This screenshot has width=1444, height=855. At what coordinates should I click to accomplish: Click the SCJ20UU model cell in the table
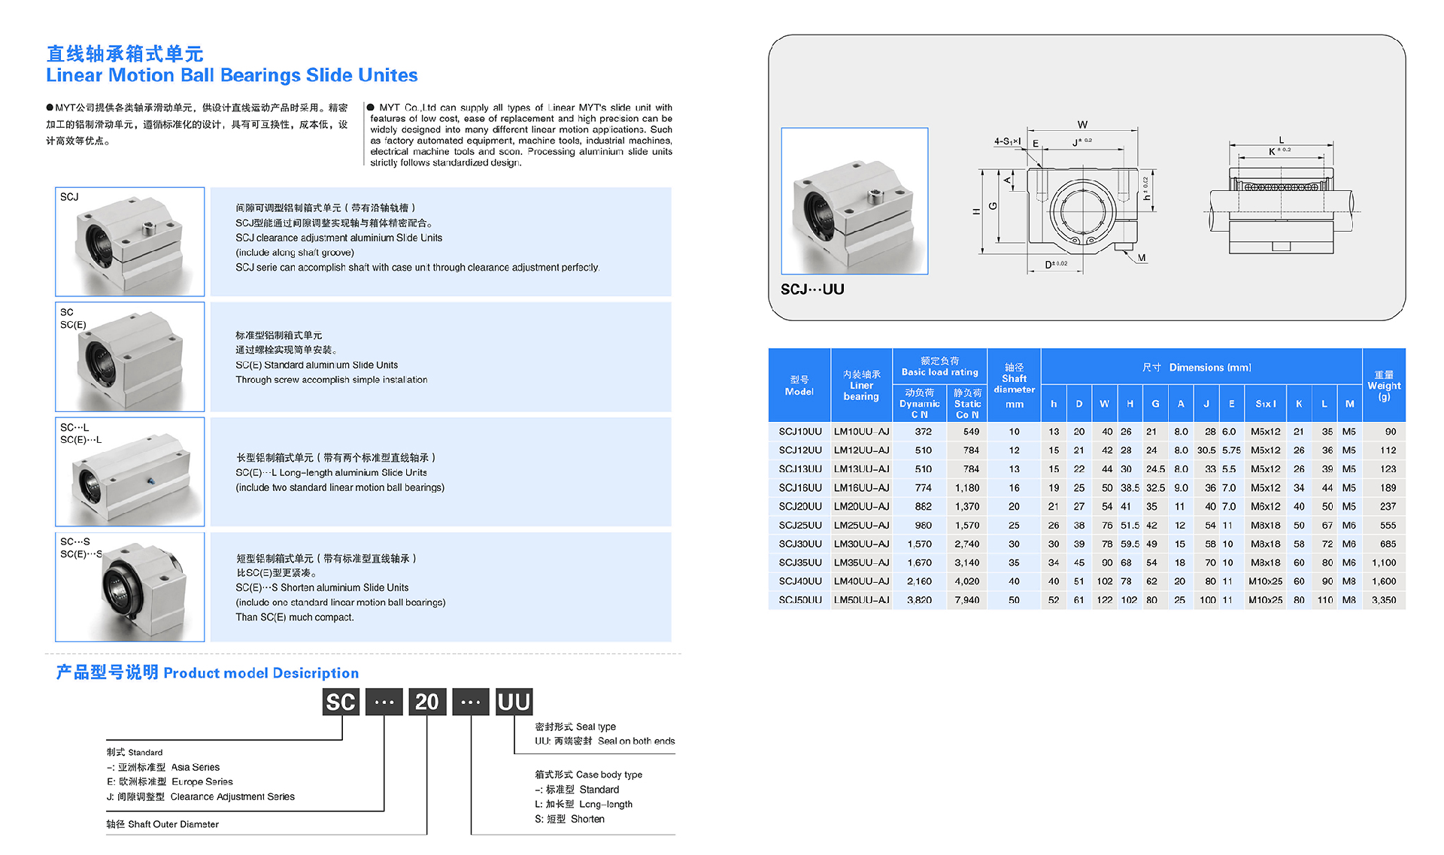799,507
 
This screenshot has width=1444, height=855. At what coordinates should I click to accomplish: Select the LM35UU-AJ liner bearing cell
861,562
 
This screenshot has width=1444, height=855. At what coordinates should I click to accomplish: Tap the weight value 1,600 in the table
1383,581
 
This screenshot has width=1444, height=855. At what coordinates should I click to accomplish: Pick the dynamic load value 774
923,488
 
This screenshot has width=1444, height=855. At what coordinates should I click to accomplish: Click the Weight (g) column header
1384,385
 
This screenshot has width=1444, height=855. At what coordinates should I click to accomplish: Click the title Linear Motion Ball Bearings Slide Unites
232,75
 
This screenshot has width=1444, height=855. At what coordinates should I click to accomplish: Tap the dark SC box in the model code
341,702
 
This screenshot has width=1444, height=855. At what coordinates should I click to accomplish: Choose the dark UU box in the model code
514,702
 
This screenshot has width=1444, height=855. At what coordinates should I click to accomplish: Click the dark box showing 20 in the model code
426,702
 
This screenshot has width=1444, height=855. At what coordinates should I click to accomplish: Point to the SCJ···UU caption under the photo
812,290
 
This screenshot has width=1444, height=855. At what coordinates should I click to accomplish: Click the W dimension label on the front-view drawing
1082,125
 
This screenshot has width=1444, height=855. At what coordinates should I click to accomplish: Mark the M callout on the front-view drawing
1142,259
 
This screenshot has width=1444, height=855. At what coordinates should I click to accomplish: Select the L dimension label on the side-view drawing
1282,140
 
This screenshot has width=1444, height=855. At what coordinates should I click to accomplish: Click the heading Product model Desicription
260,673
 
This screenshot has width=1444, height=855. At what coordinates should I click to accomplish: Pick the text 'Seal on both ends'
636,741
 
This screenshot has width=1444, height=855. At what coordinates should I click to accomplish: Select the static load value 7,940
966,600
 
